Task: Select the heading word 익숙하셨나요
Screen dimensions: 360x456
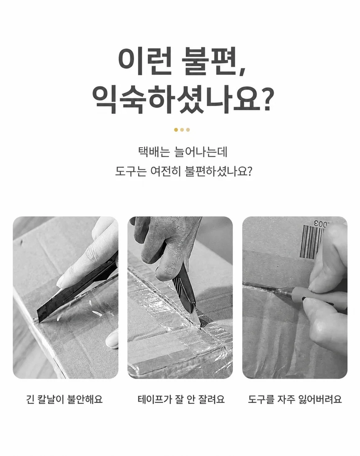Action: pos(176,100)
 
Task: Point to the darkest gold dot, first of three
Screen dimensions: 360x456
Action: pos(176,130)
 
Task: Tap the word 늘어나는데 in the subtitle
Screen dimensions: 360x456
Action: pos(200,152)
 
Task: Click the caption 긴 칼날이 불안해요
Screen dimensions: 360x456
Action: pos(64,399)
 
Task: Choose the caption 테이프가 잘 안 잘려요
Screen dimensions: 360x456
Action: pos(181,399)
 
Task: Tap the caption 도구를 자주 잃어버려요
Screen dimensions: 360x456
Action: pos(295,399)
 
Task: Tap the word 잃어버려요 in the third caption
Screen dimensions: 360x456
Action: pos(320,399)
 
